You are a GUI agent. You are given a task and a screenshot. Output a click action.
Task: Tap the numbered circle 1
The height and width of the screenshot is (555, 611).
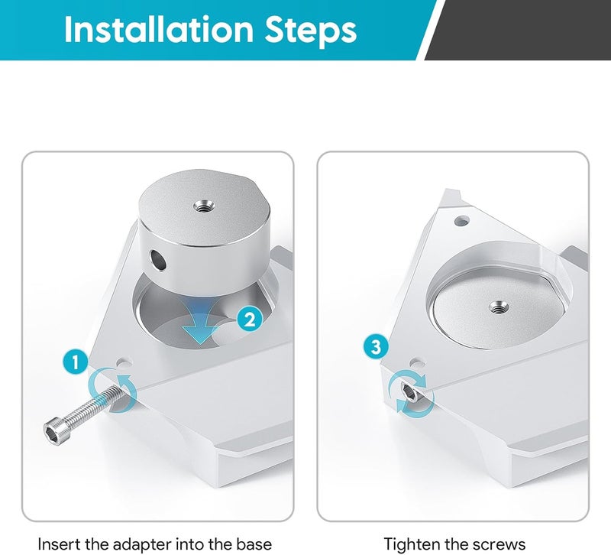75,362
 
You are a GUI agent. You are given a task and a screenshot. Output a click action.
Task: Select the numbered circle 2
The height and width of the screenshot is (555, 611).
250,320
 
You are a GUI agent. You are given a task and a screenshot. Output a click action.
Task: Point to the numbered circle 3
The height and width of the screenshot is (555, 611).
376,346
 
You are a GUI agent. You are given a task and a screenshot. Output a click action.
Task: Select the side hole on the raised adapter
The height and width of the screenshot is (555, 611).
158,259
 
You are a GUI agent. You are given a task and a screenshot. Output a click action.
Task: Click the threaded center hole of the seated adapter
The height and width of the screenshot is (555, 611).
497,308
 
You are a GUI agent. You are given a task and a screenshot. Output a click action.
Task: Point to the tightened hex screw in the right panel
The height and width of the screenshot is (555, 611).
409,391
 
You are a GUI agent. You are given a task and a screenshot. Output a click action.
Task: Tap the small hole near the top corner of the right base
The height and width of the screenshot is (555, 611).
462,221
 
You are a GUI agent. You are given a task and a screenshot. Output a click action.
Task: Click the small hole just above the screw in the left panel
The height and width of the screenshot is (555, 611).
124,362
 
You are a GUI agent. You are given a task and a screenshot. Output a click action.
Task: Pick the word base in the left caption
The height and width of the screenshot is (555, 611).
254,544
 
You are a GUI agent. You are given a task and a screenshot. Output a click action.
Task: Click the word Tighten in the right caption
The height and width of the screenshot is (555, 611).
410,544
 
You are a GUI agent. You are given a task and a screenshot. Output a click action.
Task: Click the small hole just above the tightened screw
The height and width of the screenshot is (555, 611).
417,363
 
